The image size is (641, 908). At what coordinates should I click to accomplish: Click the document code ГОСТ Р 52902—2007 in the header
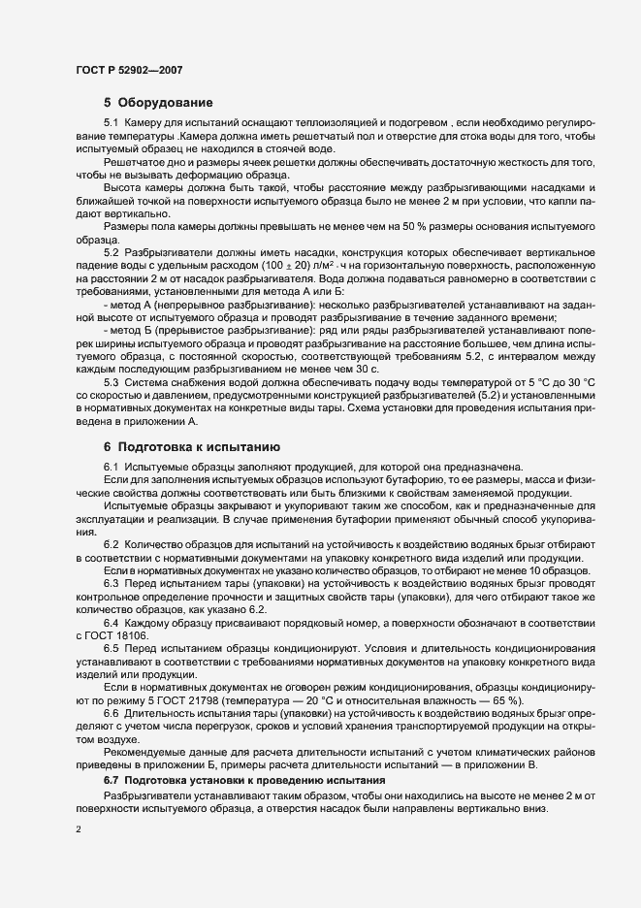127,70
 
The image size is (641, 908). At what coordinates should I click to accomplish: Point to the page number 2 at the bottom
79,830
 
